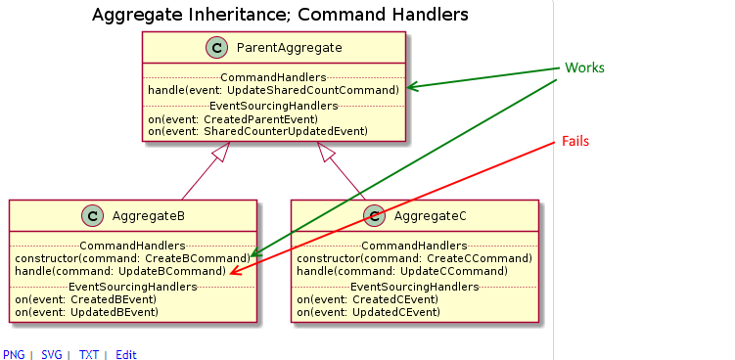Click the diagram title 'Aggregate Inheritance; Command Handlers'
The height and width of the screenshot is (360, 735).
click(279, 15)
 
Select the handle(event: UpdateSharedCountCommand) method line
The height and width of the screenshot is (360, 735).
click(273, 90)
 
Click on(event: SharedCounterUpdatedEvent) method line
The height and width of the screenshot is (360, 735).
click(257, 130)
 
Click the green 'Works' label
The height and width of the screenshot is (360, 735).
click(584, 68)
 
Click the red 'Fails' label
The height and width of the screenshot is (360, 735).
click(575, 142)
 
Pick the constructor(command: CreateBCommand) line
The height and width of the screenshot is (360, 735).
click(132, 258)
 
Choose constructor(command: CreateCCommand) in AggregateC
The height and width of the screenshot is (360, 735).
click(414, 258)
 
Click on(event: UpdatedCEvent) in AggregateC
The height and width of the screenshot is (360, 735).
click(368, 312)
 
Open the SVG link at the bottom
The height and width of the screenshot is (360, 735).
click(51, 354)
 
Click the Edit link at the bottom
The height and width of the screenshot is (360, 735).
click(126, 354)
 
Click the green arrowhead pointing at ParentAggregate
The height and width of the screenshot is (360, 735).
click(413, 87)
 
